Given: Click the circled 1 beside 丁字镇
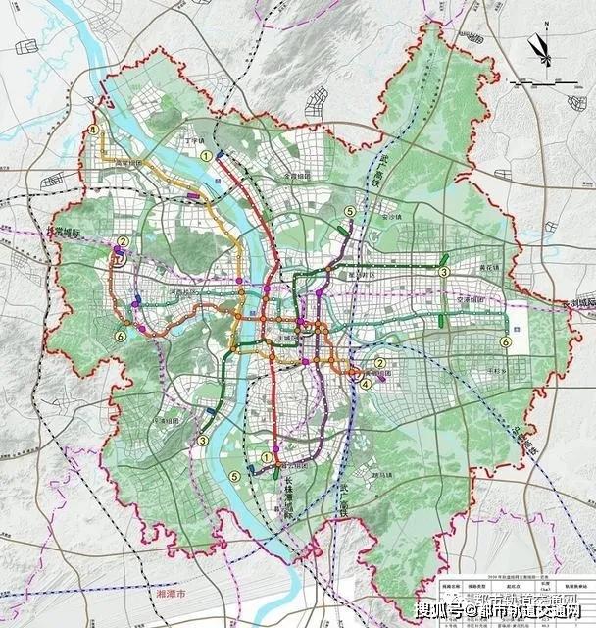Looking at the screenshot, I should coord(206,155).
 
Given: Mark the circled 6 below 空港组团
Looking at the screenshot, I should coord(504,341).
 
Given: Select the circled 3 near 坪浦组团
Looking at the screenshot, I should coord(202,441).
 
